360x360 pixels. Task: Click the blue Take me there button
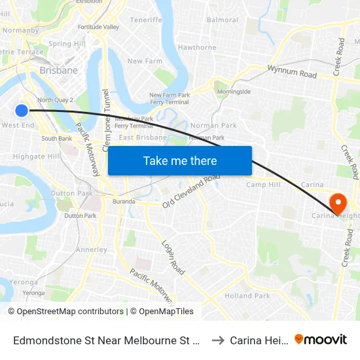pyautogui.click(x=180, y=160)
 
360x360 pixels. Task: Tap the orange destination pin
pyautogui.click(x=338, y=202)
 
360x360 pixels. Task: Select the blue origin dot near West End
pyautogui.click(x=22, y=111)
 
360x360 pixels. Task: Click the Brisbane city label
pyautogui.click(x=58, y=70)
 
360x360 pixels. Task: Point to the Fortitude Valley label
pyautogui.click(x=98, y=27)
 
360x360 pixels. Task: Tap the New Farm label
pyautogui.click(x=144, y=61)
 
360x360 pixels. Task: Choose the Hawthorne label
pyautogui.click(x=197, y=48)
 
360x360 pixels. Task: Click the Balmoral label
pyautogui.click(x=223, y=20)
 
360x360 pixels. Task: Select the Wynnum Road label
pyautogui.click(x=292, y=72)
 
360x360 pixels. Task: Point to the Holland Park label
pyautogui.click(x=247, y=296)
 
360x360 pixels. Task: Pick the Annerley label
pyautogui.click(x=92, y=249)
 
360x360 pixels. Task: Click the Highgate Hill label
pyautogui.click(x=37, y=156)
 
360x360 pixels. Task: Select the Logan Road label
pyautogui.click(x=174, y=255)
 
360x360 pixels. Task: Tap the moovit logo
pyautogui.click(x=320, y=339)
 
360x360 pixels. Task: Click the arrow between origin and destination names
pyautogui.click(x=218, y=340)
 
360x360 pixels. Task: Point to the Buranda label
pyautogui.click(x=123, y=202)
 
